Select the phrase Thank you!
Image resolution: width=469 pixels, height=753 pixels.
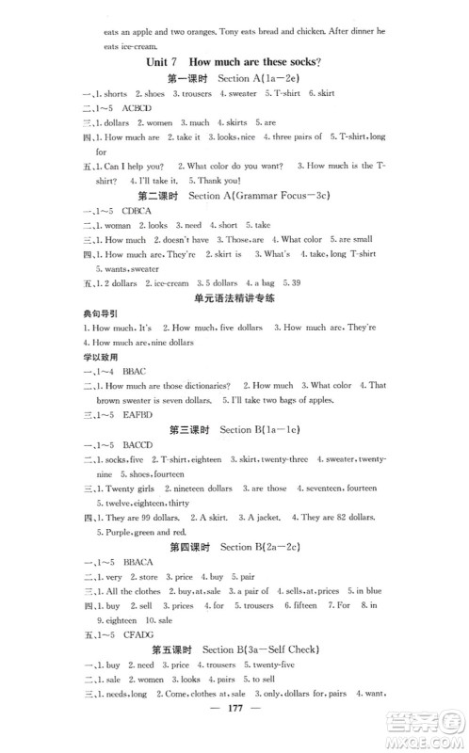coord(215,180)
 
